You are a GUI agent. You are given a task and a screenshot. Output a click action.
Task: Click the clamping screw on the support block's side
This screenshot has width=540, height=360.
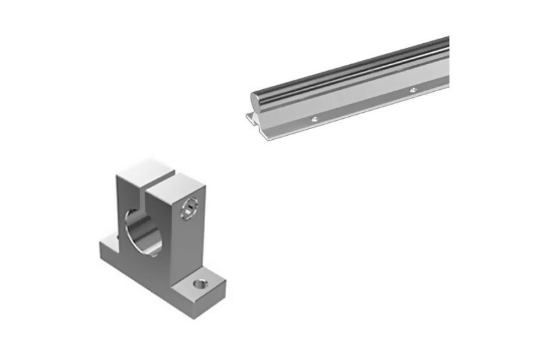[x=190, y=207]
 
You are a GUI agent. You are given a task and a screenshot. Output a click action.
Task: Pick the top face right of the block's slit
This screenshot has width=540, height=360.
[x=176, y=181]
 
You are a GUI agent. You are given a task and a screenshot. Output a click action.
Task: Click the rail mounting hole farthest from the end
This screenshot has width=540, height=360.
[x=412, y=90]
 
